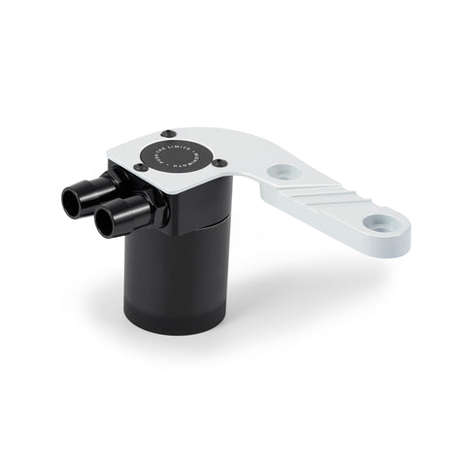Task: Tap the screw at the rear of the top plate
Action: (x=170, y=132)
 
